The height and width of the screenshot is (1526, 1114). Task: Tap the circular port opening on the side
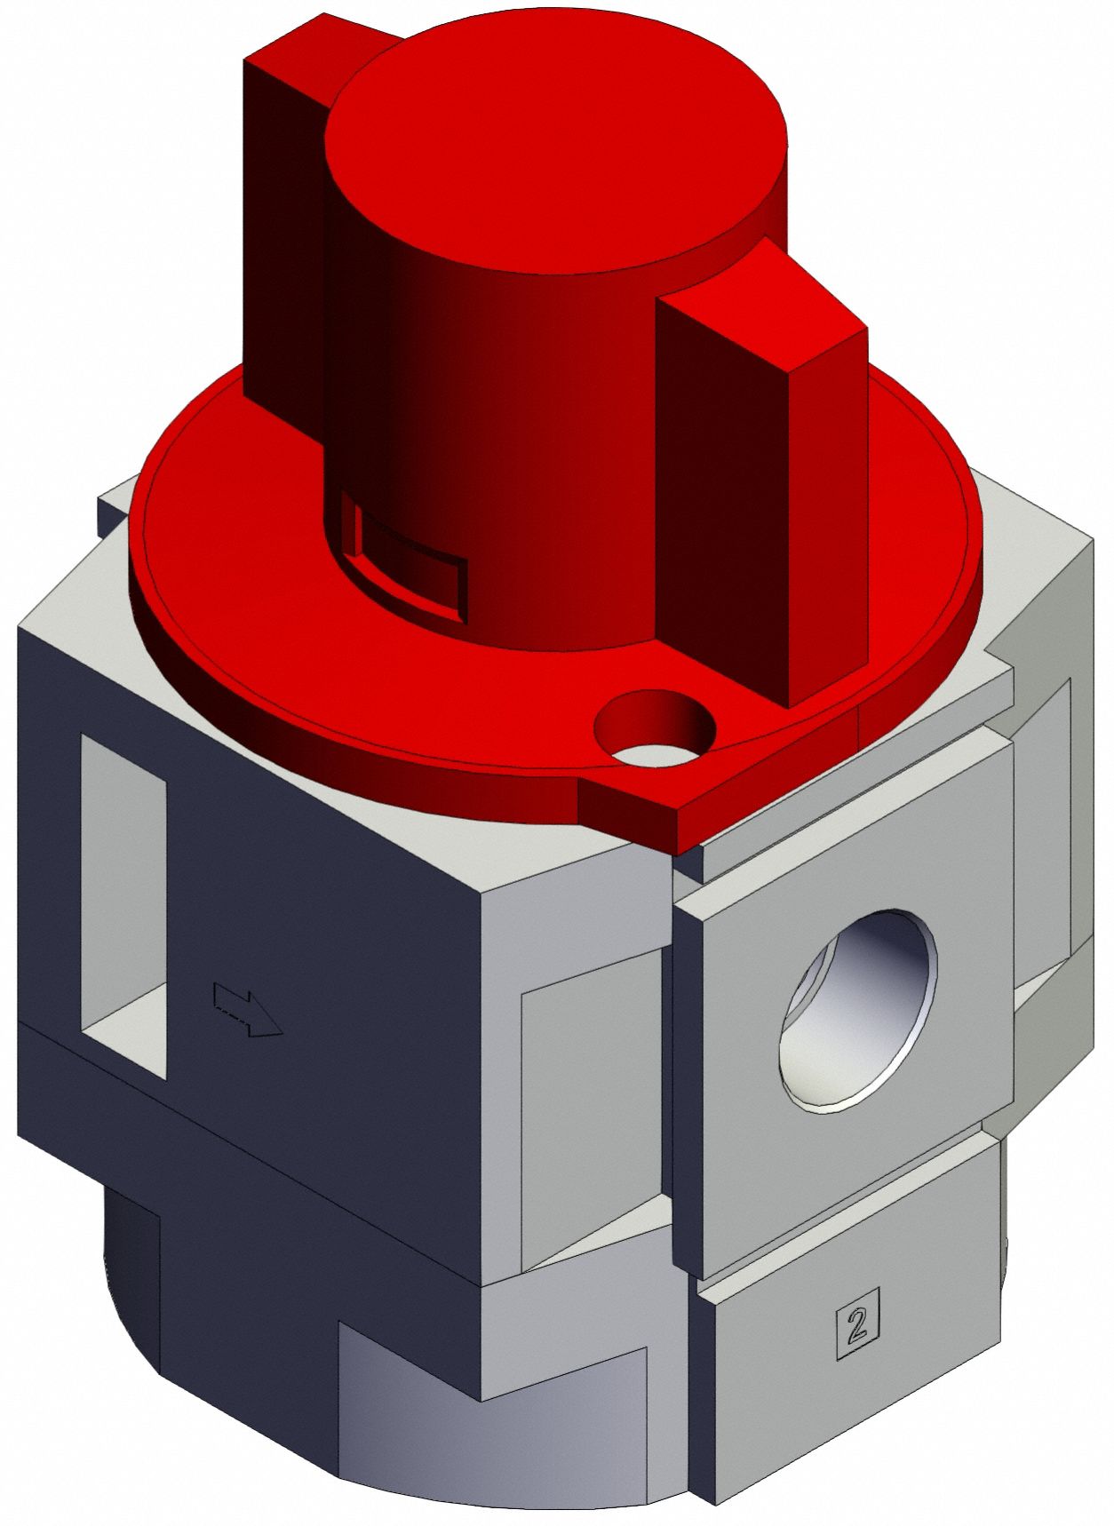click(858, 1011)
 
